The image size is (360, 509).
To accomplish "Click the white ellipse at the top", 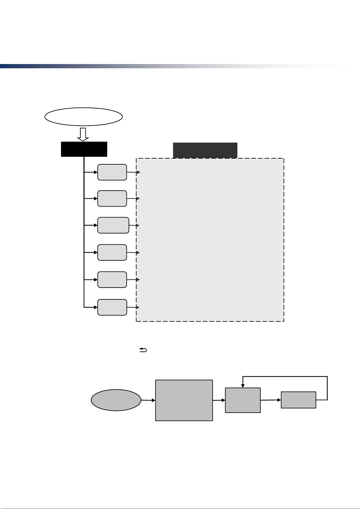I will pyautogui.click(x=83, y=116).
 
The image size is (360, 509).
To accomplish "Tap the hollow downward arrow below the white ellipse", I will pyautogui.click(x=83, y=134).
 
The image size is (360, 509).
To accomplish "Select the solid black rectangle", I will pyautogui.click(x=84, y=149).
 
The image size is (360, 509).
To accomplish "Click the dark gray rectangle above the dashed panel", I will pyautogui.click(x=205, y=150).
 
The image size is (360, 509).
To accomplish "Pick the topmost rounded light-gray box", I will pyautogui.click(x=112, y=172).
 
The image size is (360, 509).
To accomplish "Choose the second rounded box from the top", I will pyautogui.click(x=112, y=198).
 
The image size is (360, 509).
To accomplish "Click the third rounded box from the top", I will pyautogui.click(x=113, y=225).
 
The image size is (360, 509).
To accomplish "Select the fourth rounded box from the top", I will pyautogui.click(x=112, y=252).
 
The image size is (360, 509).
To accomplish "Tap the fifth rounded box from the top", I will pyautogui.click(x=112, y=279).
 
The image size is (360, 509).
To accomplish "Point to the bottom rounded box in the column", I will pyautogui.click(x=112, y=307).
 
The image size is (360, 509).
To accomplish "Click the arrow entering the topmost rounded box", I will pyautogui.click(x=91, y=172).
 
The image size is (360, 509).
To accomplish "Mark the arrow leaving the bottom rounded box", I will pyautogui.click(x=133, y=307).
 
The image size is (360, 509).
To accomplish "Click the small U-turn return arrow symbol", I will pyautogui.click(x=143, y=350).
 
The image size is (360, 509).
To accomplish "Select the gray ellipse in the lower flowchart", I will pyautogui.click(x=116, y=400).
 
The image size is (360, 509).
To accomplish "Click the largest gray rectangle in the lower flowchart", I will pyautogui.click(x=184, y=400).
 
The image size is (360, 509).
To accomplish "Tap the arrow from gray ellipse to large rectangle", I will pyautogui.click(x=148, y=400).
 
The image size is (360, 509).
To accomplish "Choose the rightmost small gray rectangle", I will pyautogui.click(x=298, y=400).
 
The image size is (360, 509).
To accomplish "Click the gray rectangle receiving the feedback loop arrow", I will pyautogui.click(x=243, y=400).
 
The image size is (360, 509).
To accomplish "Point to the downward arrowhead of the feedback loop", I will pyautogui.click(x=243, y=386).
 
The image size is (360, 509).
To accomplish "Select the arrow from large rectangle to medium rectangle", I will pyautogui.click(x=219, y=400).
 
